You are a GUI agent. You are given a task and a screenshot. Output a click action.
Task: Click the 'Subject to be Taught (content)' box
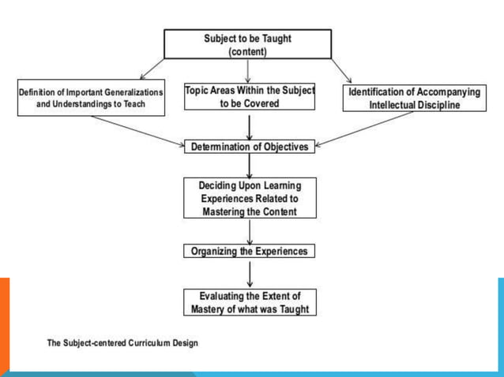248,44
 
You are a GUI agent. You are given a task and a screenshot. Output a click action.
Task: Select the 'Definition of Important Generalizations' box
91,98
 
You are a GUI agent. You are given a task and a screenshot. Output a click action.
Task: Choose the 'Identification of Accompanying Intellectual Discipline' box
415,99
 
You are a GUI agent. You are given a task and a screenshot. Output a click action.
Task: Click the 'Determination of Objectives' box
250,146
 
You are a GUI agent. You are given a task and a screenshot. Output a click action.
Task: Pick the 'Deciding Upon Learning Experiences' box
250,197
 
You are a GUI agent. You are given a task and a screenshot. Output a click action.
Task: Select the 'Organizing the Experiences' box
250,252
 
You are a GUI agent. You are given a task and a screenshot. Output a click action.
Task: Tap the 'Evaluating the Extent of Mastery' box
250,302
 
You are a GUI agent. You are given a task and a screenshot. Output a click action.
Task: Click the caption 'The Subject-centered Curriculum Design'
122,343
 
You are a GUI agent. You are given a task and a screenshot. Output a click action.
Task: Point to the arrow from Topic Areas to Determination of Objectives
250,126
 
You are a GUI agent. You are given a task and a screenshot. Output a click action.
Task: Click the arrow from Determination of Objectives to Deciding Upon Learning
250,164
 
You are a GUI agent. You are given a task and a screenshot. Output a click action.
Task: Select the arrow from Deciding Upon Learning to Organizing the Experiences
250,231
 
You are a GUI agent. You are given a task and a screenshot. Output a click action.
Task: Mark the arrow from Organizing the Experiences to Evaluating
250,273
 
